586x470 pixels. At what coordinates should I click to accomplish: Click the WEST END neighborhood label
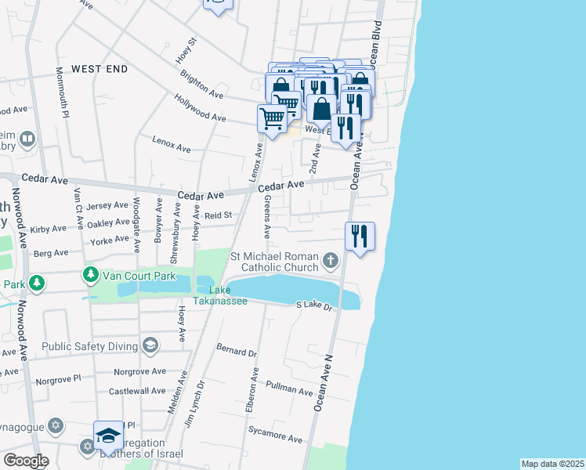point(99,69)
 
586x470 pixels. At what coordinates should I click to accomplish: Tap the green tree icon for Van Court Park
point(91,275)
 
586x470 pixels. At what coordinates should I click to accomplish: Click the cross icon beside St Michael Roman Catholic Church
point(331,259)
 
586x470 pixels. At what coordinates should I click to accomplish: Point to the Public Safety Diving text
point(89,345)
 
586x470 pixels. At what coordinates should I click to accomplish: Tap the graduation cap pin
point(108,436)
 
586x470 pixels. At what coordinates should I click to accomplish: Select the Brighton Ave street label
point(201,87)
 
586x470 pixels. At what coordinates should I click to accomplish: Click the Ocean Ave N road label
point(324,381)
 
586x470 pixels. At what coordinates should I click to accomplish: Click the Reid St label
point(219,215)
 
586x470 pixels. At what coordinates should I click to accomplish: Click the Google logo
point(25,460)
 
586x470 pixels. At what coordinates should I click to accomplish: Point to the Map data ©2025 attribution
point(552,464)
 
